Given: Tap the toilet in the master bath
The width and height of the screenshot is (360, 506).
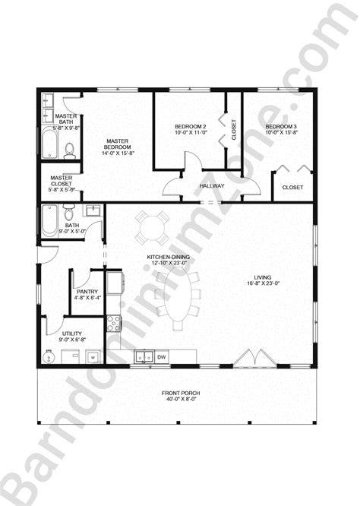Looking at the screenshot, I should coord(69,150).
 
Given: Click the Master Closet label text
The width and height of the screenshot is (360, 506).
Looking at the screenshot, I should coord(62,181).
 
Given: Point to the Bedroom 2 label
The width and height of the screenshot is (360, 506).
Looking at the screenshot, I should coord(190,126).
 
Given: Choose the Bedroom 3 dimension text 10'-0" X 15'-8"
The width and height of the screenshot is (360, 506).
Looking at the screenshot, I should coord(282,133).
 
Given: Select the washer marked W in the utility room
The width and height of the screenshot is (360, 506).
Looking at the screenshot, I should coord(92,355).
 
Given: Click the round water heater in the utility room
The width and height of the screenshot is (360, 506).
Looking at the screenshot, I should coord(52,355).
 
